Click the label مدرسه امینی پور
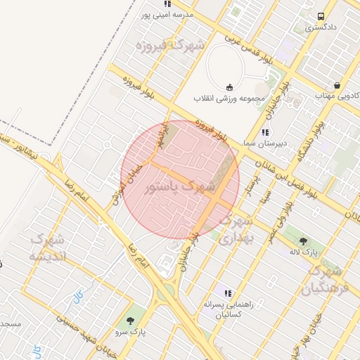click(167, 14)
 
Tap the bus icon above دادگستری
click(321, 16)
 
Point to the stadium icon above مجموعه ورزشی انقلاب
click(230, 86)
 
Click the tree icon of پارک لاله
click(304, 241)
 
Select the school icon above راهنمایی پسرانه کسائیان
click(227, 292)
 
